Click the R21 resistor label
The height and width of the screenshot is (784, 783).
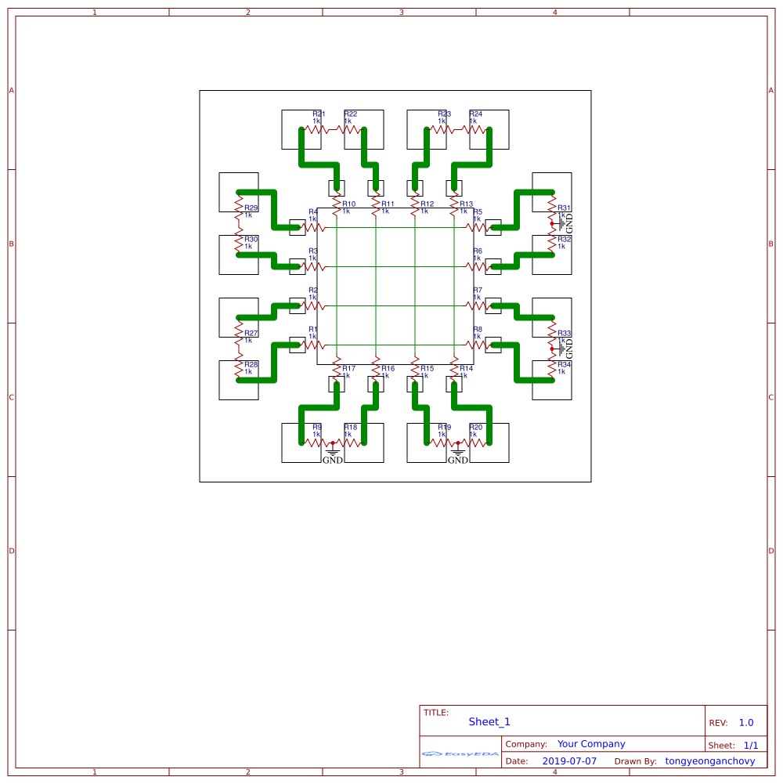[x=319, y=114]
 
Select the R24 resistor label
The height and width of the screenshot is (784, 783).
[x=476, y=114]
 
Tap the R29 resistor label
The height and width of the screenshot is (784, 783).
[x=251, y=208]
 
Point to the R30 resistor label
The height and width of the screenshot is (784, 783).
[x=251, y=240]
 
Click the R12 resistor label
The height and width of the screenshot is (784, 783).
[x=427, y=204]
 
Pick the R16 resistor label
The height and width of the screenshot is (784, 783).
[x=388, y=369]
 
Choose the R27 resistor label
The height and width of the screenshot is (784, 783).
[x=251, y=334]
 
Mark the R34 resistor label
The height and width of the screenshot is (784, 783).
[x=565, y=365]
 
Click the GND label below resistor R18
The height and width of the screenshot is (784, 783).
[x=333, y=461]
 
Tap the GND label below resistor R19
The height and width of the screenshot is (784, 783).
[x=458, y=461]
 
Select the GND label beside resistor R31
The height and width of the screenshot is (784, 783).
[x=570, y=223]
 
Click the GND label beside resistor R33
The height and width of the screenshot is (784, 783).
[x=570, y=349]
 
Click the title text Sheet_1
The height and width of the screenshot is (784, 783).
[x=489, y=722]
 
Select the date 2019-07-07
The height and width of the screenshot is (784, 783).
[x=568, y=761]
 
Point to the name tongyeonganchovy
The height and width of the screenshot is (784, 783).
[x=710, y=761]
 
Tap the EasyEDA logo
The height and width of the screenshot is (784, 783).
[x=460, y=754]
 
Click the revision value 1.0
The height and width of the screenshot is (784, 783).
[x=746, y=723]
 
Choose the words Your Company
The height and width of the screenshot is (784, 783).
[x=591, y=744]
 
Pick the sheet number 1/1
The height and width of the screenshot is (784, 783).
[x=751, y=746]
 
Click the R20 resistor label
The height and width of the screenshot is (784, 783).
[x=476, y=428]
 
